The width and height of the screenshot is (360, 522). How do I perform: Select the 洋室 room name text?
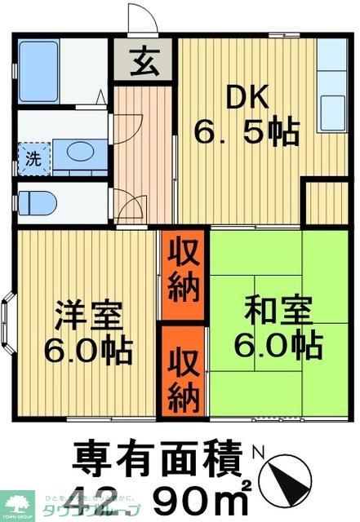point(89,314)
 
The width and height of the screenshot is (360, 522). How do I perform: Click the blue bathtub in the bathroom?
point(38,70)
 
